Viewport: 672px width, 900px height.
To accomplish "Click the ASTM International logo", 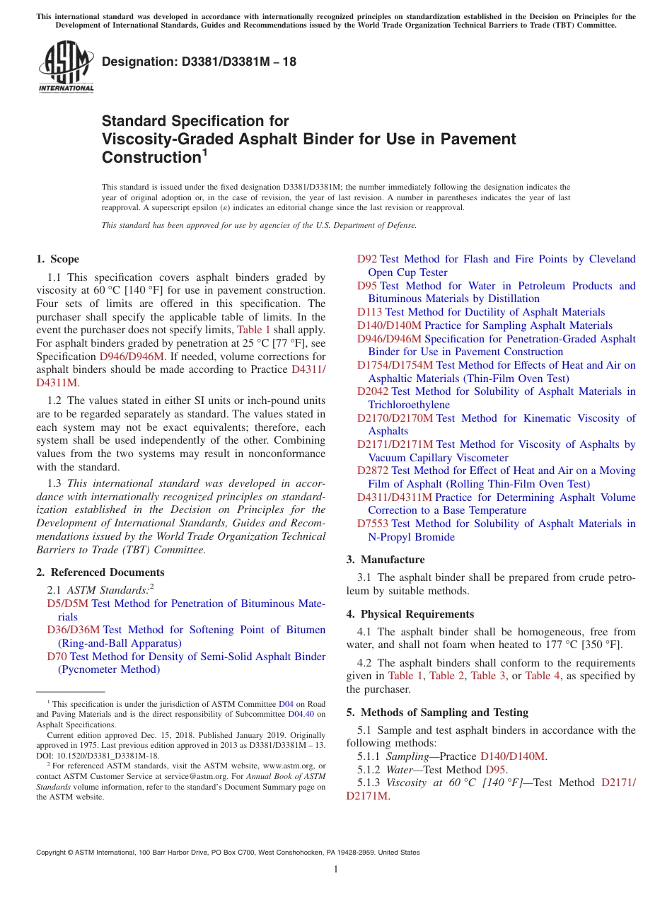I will click(66, 67).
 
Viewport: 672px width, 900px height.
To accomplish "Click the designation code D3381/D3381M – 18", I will click(199, 62).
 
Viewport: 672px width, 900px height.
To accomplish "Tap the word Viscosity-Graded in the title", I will click(162, 139).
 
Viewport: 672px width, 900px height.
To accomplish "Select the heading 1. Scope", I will click(58, 259).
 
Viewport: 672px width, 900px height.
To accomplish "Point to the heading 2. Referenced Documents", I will click(100, 572).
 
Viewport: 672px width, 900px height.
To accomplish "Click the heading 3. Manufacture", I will click(385, 560).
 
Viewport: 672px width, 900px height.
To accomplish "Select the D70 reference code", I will click(57, 657).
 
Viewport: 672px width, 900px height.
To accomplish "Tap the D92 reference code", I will click(367, 259).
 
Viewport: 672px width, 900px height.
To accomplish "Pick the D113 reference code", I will click(370, 312).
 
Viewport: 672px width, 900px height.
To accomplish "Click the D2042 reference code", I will click(373, 391).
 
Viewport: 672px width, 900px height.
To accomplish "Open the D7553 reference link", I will click(373, 524).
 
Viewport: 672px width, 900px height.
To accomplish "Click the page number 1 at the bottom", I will click(336, 870).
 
